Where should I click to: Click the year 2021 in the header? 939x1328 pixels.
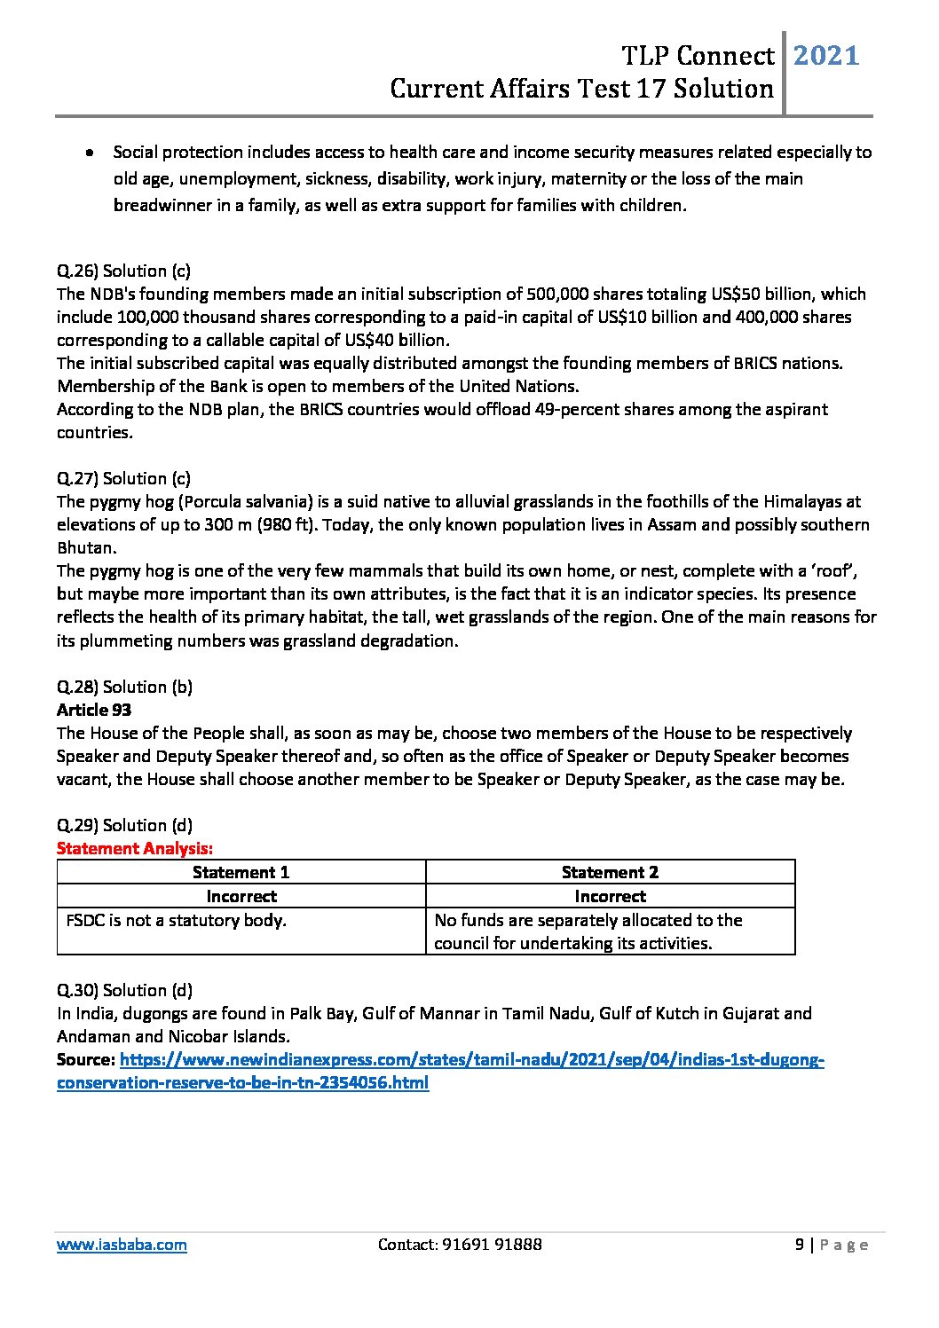pos(825,56)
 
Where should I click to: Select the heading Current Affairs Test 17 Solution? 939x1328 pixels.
pos(581,89)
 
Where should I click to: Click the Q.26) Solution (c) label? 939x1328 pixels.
pos(123,271)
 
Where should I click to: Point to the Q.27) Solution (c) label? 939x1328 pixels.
pos(123,478)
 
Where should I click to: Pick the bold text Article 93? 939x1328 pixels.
pos(94,710)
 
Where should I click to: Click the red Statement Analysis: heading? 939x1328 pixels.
pos(135,848)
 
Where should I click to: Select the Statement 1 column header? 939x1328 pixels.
pos(241,872)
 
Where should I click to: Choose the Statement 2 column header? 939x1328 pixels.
pos(610,872)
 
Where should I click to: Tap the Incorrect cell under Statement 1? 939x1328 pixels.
pos(241,896)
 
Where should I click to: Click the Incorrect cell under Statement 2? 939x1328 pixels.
pos(610,896)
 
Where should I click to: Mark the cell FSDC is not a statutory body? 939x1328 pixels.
pos(177,920)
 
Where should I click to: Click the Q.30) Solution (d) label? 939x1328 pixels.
pos(124,990)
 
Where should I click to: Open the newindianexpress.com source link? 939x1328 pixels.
pos(470,1060)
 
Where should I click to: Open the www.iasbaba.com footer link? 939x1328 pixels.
pos(122,1245)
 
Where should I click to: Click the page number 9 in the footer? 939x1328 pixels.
pos(800,1245)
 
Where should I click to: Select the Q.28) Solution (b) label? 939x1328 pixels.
pos(124,687)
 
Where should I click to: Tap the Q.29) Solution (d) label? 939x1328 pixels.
pos(124,825)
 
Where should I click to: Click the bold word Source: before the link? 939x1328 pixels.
pos(85,1060)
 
